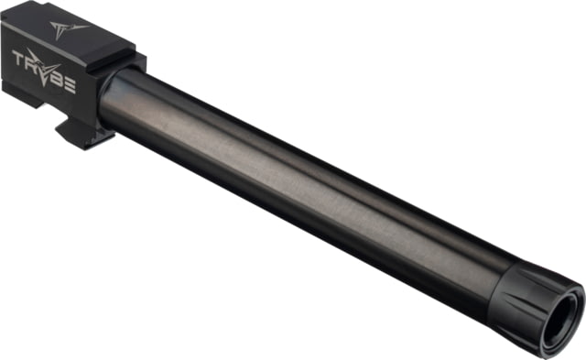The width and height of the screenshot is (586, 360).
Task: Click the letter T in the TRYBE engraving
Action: [18, 58]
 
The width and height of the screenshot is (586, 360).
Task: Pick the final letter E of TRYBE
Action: [71, 85]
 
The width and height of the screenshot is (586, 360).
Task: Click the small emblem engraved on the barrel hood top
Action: [68, 28]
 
